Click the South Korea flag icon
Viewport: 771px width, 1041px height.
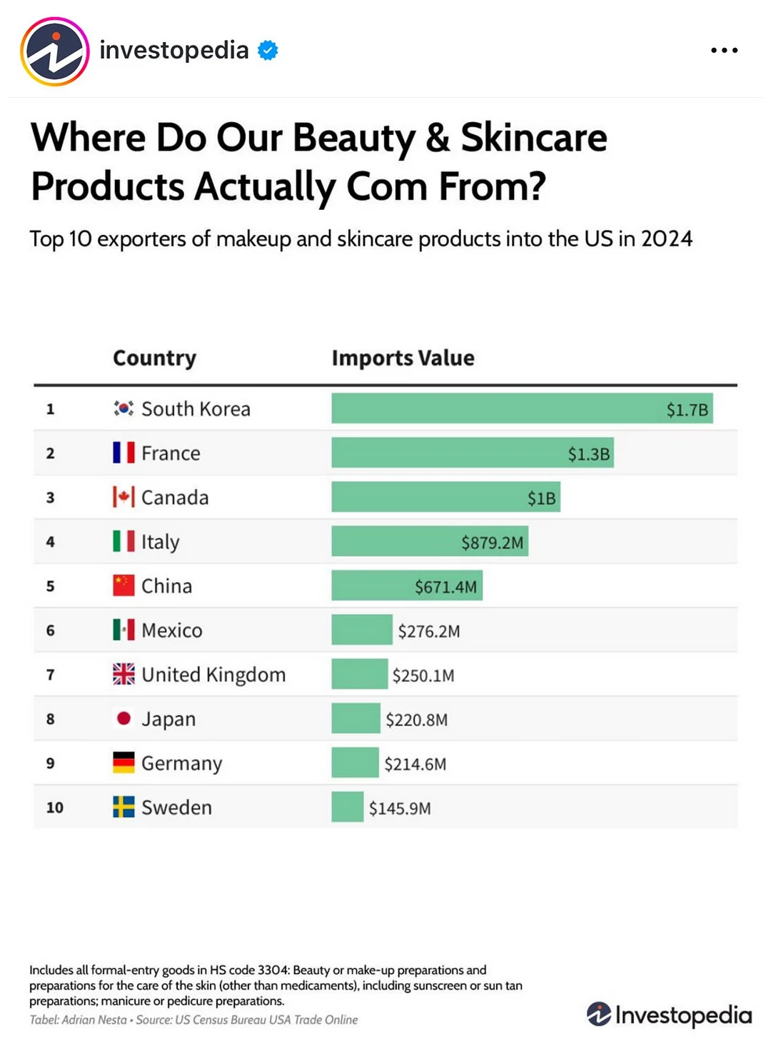pyautogui.click(x=124, y=408)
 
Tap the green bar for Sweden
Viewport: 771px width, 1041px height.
pyautogui.click(x=348, y=807)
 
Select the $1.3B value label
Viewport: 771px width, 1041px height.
pyautogui.click(x=588, y=454)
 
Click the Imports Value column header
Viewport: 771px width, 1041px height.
pyautogui.click(x=403, y=358)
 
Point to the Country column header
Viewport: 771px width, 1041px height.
pyautogui.click(x=154, y=358)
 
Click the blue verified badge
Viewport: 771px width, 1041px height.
pyautogui.click(x=268, y=51)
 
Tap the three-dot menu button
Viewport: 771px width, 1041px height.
pyautogui.click(x=724, y=51)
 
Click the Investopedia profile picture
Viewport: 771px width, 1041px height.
pyautogui.click(x=55, y=51)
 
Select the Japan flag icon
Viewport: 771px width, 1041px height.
pyautogui.click(x=124, y=718)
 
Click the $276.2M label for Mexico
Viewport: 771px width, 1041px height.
pyautogui.click(x=429, y=631)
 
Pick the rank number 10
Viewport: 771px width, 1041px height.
pyautogui.click(x=55, y=808)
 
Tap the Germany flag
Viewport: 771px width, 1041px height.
pyautogui.click(x=124, y=763)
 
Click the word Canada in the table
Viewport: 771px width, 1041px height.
pyautogui.click(x=175, y=498)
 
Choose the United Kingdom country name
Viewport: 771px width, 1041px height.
pyautogui.click(x=213, y=675)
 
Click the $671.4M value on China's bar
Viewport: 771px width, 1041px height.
pyautogui.click(x=445, y=587)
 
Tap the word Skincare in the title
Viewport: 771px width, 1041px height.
pyautogui.click(x=534, y=137)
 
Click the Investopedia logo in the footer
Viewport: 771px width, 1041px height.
pyautogui.click(x=669, y=1015)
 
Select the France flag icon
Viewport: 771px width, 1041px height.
pyautogui.click(x=124, y=453)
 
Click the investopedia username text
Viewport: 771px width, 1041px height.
pyautogui.click(x=174, y=50)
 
